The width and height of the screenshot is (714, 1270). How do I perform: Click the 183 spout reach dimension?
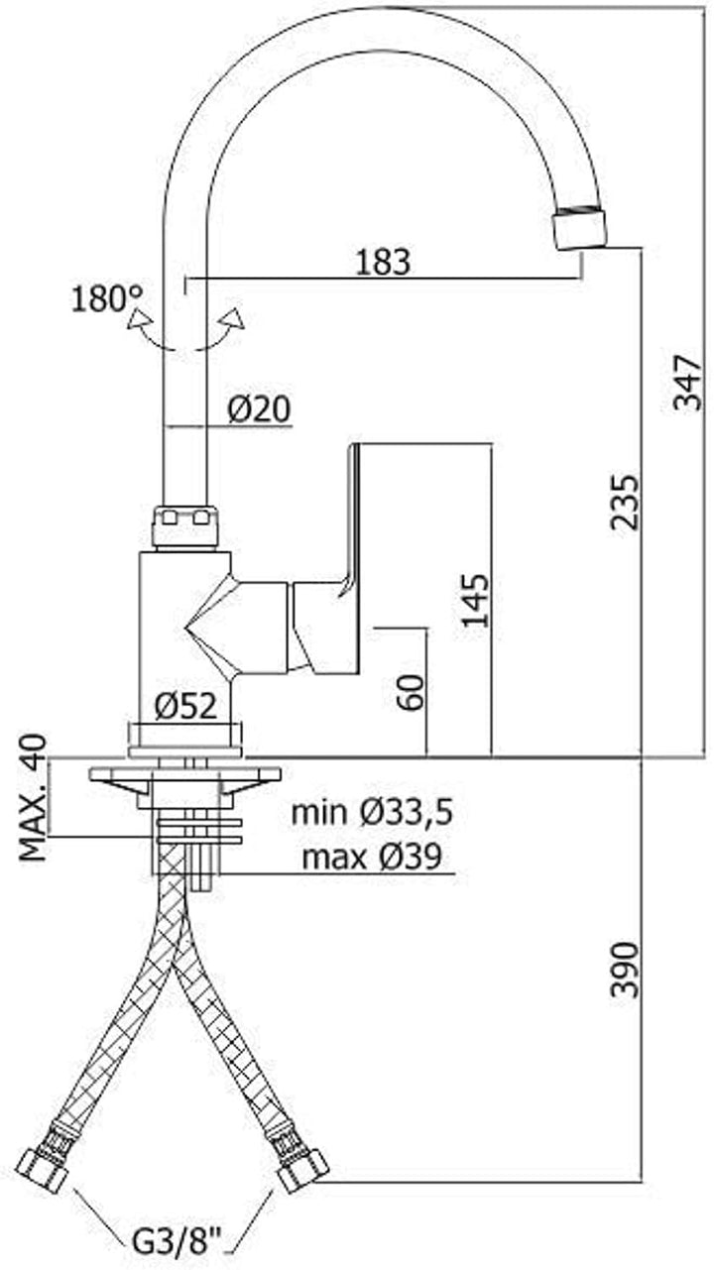383,263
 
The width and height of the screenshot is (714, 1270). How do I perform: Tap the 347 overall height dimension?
687,383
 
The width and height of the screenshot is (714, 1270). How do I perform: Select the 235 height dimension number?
625,503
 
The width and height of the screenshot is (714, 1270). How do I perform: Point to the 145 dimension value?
474,601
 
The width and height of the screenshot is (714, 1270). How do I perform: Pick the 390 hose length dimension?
625,970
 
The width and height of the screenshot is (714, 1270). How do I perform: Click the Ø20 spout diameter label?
259,408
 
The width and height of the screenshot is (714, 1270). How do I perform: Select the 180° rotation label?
107,298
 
